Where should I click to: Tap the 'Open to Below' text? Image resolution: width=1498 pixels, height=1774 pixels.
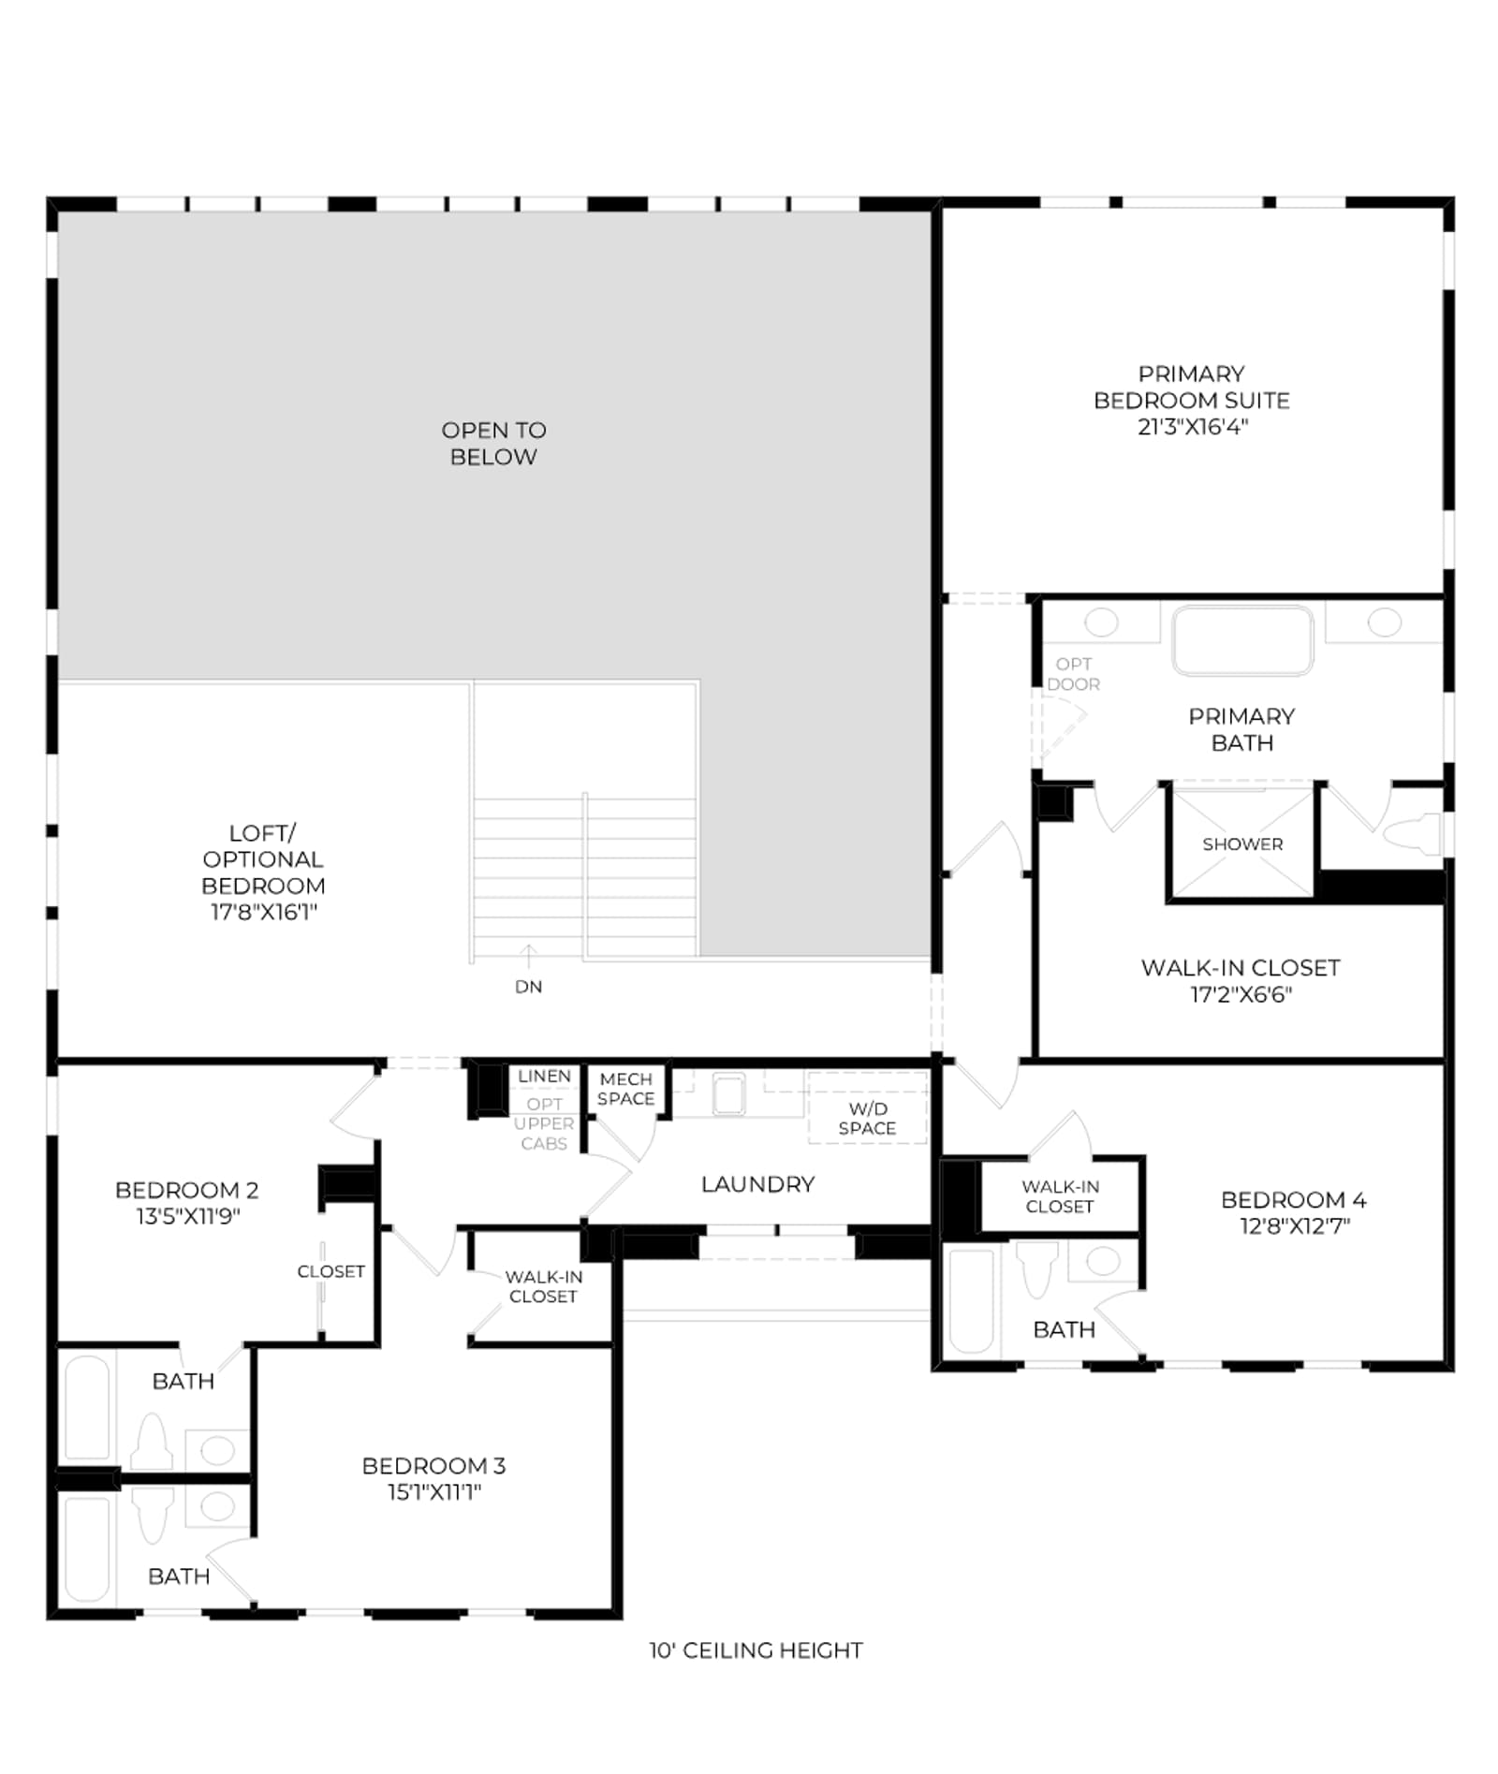[x=493, y=443]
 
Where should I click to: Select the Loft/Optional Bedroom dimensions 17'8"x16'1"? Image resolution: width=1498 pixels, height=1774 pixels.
[x=263, y=912]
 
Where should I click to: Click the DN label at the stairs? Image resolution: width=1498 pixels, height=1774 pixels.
[x=528, y=987]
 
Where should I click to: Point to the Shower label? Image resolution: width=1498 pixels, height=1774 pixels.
[x=1242, y=843]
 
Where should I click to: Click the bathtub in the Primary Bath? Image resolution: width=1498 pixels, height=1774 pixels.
[x=1243, y=639]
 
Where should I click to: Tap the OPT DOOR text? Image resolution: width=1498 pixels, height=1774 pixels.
[x=1073, y=674]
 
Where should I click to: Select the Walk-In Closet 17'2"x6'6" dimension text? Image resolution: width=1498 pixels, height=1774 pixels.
[x=1241, y=994]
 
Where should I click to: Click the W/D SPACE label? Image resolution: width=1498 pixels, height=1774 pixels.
[x=867, y=1119]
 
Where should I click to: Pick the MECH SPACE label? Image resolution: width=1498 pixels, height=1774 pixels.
[x=625, y=1089]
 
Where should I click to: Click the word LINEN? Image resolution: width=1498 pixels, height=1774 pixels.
[x=544, y=1076]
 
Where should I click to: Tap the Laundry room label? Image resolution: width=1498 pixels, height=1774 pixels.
[x=757, y=1184]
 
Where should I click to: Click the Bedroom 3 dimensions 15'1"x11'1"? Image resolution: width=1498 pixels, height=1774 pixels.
[x=434, y=1492]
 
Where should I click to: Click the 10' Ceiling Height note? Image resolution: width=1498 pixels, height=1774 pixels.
[x=756, y=1650]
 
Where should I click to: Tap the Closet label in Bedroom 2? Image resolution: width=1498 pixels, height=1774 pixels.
[x=330, y=1271]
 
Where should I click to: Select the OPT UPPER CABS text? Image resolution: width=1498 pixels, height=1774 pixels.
[x=544, y=1123]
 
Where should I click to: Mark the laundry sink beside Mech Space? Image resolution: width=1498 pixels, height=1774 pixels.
[x=728, y=1093]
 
